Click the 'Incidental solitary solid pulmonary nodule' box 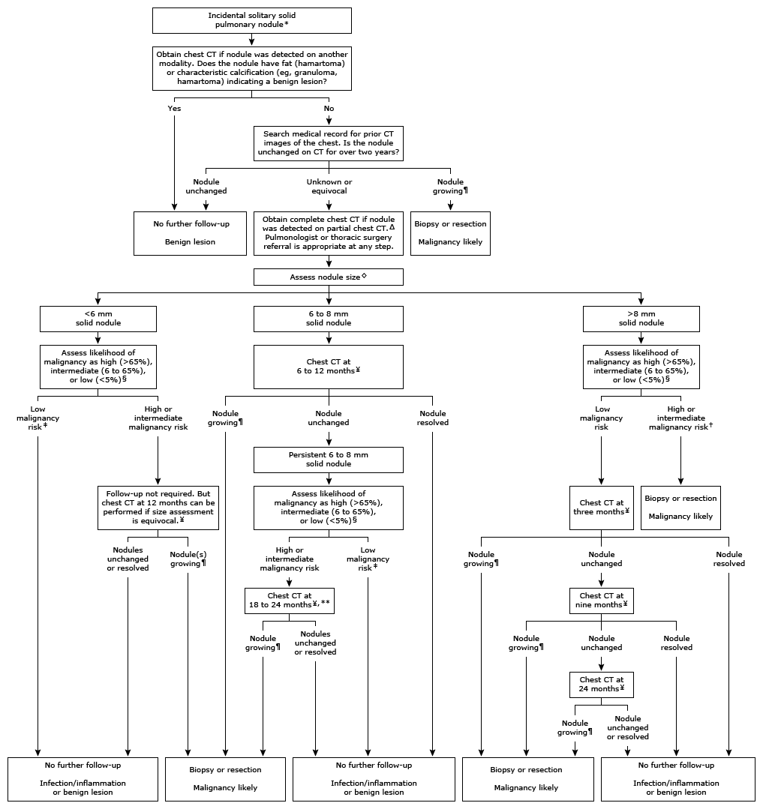[x=252, y=20]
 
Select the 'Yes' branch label [x=174, y=108]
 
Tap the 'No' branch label [x=329, y=108]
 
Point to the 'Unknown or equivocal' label [x=329, y=187]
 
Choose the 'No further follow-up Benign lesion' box [x=190, y=233]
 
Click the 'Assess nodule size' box [x=329, y=277]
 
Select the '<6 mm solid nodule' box [x=98, y=318]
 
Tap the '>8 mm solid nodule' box [x=641, y=318]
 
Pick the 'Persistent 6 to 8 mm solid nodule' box [x=329, y=460]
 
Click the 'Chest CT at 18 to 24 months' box [x=290, y=601]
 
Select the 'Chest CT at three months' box [x=601, y=507]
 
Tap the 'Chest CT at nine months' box [x=601, y=601]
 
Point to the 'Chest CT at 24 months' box [x=601, y=685]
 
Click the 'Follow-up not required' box [x=158, y=508]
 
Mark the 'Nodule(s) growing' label [x=188, y=559]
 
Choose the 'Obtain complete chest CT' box [x=329, y=233]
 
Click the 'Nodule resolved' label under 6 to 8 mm [x=433, y=418]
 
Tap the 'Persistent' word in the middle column [x=306, y=455]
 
